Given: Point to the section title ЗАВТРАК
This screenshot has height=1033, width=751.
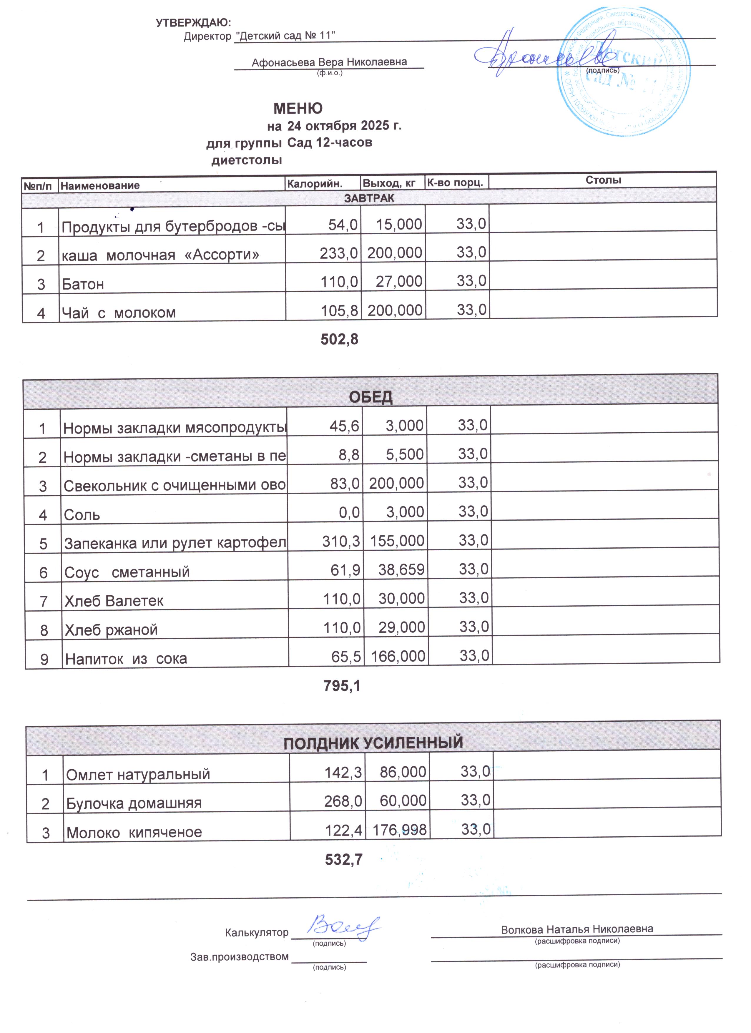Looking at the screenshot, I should point(369,198).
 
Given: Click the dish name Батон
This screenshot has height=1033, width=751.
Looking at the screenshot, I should point(83,284).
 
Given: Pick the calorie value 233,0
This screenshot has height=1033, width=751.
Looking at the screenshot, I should point(339,253).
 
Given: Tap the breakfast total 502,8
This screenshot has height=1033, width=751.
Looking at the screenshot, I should point(339,339).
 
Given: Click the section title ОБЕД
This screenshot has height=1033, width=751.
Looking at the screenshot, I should point(370,397).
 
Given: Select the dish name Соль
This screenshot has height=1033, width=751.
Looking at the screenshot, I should point(82,515).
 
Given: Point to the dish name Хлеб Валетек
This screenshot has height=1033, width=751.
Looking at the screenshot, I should point(114,601).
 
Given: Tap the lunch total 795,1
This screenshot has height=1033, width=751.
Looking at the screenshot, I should point(342,686).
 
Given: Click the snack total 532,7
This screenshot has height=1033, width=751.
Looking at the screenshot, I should point(343,859).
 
